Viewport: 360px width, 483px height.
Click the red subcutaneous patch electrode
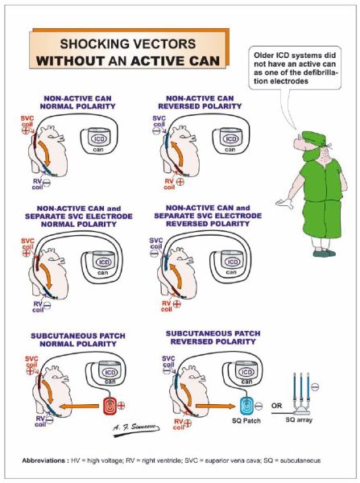click(x=110, y=406)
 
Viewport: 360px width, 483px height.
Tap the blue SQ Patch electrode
click(x=247, y=406)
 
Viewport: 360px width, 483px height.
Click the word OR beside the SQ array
click(x=277, y=406)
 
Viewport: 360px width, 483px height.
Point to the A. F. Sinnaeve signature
click(x=136, y=429)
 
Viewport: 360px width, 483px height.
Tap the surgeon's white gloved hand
click(x=284, y=203)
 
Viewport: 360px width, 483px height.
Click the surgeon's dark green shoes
click(x=324, y=253)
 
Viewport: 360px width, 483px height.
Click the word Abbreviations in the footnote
click(x=43, y=460)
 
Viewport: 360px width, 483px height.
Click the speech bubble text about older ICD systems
click(x=295, y=68)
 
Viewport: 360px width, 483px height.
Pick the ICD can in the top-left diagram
click(x=99, y=140)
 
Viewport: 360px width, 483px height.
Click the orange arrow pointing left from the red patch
click(x=79, y=407)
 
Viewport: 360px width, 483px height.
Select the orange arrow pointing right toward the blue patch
click(x=216, y=407)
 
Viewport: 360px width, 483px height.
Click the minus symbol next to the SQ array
click(x=315, y=386)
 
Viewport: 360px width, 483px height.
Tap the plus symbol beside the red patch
click(x=122, y=406)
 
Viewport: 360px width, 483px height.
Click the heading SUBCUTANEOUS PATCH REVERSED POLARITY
click(x=213, y=337)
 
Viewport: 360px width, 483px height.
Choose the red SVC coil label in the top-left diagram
click(x=27, y=121)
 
